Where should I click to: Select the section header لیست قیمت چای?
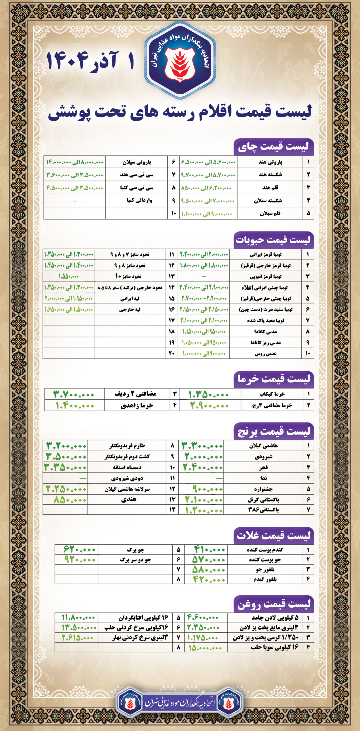point(274,147)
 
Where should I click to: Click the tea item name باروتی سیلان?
point(137,162)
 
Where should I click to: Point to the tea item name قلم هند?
point(270,188)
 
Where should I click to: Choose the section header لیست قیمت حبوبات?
point(274,240)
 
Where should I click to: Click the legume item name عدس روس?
point(265,354)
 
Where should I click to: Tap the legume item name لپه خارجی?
point(130,310)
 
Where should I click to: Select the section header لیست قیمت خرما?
point(274,379)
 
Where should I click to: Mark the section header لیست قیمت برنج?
point(274,431)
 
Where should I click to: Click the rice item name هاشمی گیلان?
point(263,446)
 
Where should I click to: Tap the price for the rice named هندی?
point(70,500)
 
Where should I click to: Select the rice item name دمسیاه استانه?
point(127,467)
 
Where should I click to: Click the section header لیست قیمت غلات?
point(274,536)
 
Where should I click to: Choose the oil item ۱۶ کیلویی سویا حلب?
point(275,647)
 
